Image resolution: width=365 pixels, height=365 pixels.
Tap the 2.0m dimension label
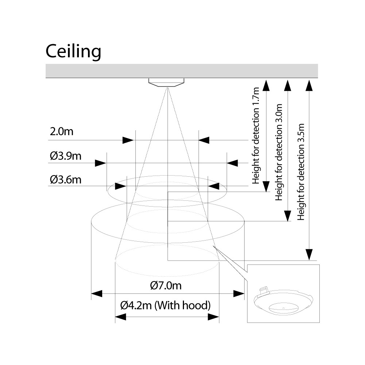pyautogui.click(x=61, y=132)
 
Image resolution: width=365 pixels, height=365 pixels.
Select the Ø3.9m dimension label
pyautogui.click(x=66, y=156)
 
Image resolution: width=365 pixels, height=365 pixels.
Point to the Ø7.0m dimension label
pyautogui.click(x=166, y=285)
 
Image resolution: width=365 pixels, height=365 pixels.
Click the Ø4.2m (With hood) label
pyautogui.click(x=166, y=305)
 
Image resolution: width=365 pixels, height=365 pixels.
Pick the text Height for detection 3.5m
pyautogui.click(x=301, y=172)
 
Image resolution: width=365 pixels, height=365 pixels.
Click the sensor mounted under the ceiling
pyautogui.click(x=166, y=82)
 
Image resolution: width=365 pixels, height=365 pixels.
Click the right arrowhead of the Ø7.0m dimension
pyautogui.click(x=239, y=293)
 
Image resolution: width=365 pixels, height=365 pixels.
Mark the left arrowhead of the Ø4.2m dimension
pyautogui.click(x=120, y=317)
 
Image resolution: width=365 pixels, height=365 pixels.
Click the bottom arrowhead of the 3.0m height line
pyautogui.click(x=288, y=216)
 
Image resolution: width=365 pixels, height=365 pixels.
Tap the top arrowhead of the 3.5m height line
pyautogui.click(x=309, y=85)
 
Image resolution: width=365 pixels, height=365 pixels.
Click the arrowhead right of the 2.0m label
pyautogui.click(x=128, y=140)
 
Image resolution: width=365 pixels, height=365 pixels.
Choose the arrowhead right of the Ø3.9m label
pyautogui.click(x=100, y=163)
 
